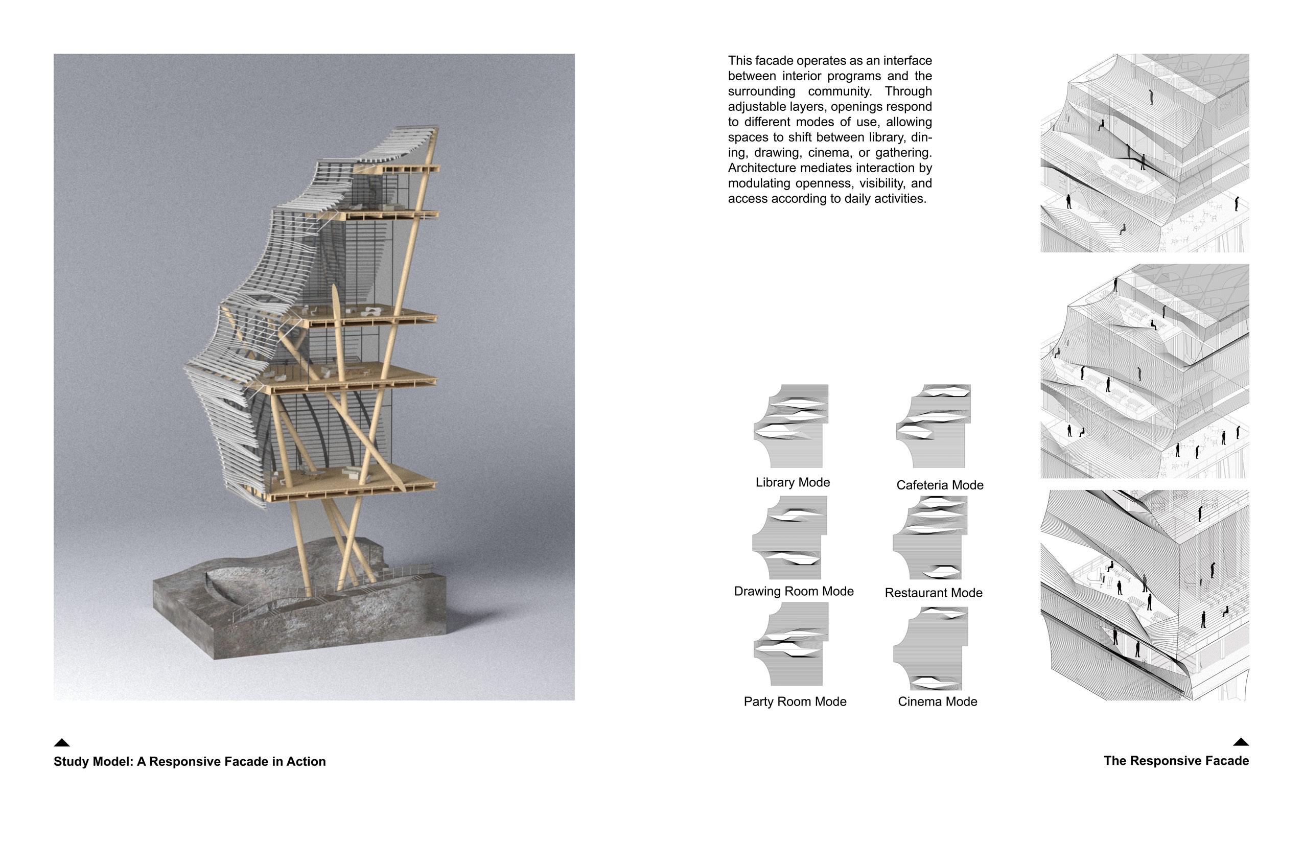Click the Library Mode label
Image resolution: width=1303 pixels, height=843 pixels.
point(792,482)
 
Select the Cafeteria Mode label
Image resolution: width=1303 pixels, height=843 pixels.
point(940,485)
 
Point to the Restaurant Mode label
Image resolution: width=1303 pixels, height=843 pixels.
point(934,593)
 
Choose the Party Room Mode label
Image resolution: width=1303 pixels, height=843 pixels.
point(795,702)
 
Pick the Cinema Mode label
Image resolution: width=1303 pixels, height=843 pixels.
point(937,702)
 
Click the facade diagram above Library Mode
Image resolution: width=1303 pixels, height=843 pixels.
point(791,426)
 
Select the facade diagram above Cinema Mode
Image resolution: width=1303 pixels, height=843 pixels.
point(930,648)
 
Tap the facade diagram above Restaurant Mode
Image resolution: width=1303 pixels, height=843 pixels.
point(930,537)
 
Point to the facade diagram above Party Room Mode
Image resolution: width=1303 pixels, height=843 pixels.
point(791,644)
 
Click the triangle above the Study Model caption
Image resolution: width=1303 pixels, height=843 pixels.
point(62,743)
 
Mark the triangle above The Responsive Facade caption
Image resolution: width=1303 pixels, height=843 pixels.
point(1241,742)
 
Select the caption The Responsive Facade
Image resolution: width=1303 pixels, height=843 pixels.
point(1176,761)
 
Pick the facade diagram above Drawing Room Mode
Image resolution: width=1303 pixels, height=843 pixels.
point(789,537)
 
